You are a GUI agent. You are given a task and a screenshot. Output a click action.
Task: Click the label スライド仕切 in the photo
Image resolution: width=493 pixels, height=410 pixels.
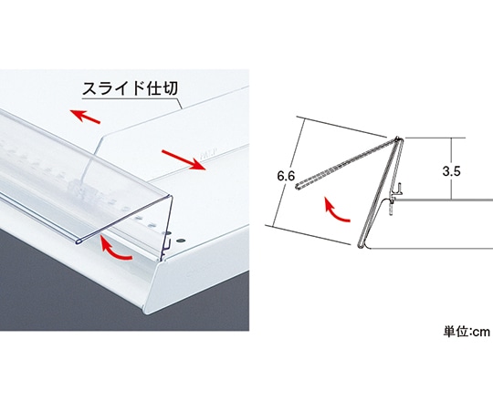[x=130, y=88]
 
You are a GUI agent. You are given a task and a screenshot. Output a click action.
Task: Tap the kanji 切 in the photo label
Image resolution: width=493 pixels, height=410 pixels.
[x=170, y=88]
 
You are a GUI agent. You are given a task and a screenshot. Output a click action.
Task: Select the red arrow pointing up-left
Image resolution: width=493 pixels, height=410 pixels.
[x=85, y=116]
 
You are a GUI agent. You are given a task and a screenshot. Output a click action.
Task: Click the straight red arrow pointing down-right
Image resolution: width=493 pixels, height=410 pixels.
[x=184, y=159]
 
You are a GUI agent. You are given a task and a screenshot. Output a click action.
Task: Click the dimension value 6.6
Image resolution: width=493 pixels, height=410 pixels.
[x=286, y=176]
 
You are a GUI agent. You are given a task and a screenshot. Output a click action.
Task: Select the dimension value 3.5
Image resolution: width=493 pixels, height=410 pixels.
[x=452, y=171]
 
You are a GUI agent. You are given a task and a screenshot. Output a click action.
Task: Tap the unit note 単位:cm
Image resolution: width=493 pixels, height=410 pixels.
[x=467, y=332]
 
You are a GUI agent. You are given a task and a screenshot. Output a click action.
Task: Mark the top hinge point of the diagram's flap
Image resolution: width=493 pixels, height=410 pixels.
[x=398, y=138]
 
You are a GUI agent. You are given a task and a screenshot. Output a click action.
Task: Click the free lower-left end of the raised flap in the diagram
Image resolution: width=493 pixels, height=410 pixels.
[x=297, y=188]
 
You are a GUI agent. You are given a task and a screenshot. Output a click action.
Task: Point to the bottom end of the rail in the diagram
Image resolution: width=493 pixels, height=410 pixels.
[x=361, y=245]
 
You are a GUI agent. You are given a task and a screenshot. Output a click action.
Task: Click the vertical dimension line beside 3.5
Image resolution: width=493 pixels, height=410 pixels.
[x=452, y=169]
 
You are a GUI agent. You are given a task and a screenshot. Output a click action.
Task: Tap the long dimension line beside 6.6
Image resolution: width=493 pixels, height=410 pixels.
[x=288, y=171]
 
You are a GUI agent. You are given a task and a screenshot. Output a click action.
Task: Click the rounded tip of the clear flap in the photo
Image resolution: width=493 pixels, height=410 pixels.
[x=78, y=241]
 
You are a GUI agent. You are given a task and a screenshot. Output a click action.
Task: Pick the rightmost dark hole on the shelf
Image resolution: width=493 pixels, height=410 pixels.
[x=180, y=241]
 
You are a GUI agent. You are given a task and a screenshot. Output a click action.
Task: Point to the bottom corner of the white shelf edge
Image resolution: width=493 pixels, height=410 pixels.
[x=145, y=313]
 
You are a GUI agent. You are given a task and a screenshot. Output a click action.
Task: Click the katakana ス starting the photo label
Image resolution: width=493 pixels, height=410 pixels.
[x=89, y=88]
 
